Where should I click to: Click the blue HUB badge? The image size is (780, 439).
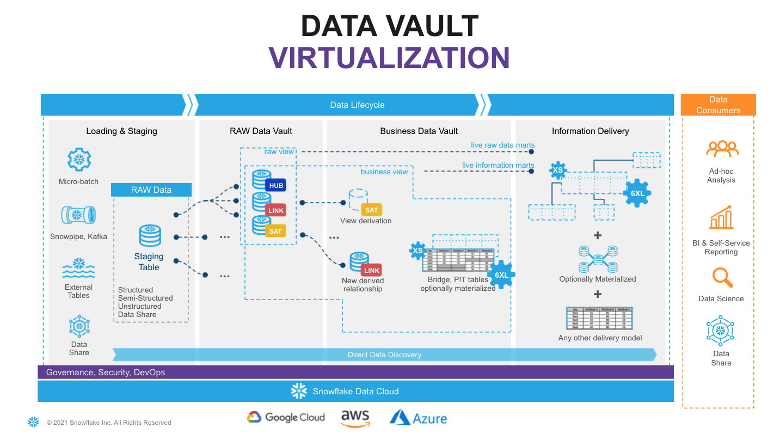coord(276,186)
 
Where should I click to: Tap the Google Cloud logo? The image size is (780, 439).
coord(286,417)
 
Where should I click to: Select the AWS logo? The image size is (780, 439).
coord(355,418)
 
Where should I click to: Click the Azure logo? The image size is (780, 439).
coord(418,418)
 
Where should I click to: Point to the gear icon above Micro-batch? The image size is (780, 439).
coord(78,160)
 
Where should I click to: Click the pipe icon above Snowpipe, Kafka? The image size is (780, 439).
coord(78,215)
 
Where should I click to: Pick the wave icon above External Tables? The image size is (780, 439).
coord(78,269)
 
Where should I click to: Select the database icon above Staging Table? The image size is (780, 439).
coord(150,235)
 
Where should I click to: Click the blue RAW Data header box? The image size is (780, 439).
coord(151,190)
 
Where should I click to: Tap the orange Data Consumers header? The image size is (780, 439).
coord(718,105)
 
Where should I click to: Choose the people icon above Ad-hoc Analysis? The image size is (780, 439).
coord(722,149)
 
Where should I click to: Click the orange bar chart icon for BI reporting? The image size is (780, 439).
coord(721,217)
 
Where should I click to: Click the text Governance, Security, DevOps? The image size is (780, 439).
coord(106,373)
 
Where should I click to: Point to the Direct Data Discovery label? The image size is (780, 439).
coord(384,355)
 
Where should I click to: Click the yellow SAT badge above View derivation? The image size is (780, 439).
coord(372,210)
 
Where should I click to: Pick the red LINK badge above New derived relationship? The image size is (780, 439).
coord(372,270)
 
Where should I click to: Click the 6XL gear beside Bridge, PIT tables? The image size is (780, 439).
coord(501,275)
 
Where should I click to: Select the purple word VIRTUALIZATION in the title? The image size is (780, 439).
coord(389,57)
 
